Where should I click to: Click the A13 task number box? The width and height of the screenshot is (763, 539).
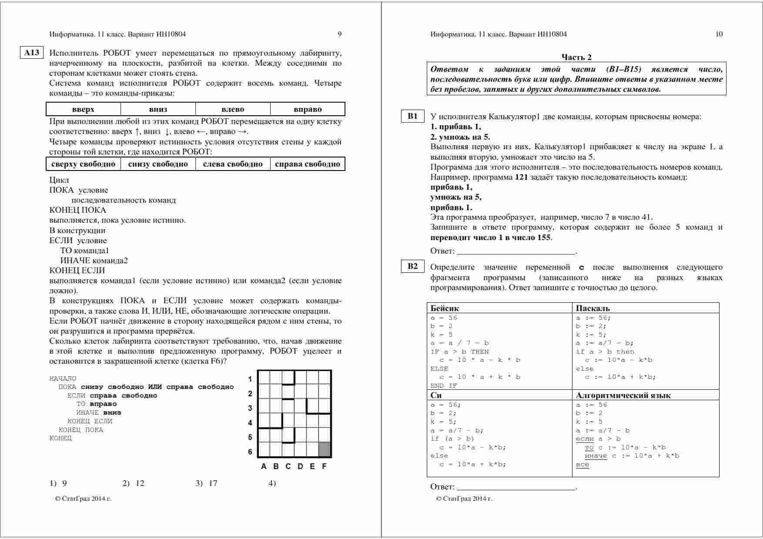32,53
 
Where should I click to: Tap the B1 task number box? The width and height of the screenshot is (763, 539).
412,116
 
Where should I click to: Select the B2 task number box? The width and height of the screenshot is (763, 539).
412,267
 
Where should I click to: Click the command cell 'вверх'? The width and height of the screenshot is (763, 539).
83,109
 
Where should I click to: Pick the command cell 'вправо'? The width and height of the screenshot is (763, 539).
308,109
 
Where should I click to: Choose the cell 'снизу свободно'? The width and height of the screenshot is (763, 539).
158,164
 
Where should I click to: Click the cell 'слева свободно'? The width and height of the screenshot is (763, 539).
233,164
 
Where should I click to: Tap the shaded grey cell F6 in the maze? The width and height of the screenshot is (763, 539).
325,449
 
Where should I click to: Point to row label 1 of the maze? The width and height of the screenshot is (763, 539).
250,379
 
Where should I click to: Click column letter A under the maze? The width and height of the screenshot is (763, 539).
264,466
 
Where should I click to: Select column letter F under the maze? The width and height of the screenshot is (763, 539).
324,466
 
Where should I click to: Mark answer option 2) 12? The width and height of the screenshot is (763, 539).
134,483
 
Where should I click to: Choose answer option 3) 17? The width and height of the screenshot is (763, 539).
207,483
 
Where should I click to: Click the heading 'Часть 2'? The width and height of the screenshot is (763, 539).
576,57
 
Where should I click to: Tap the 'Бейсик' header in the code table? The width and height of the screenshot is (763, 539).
445,308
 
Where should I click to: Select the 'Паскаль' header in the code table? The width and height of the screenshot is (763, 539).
593,308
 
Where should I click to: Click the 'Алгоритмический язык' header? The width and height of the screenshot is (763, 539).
623,395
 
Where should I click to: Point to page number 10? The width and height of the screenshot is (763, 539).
719,34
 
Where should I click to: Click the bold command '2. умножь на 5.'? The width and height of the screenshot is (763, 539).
460,137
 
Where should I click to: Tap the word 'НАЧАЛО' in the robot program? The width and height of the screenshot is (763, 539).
63,378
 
